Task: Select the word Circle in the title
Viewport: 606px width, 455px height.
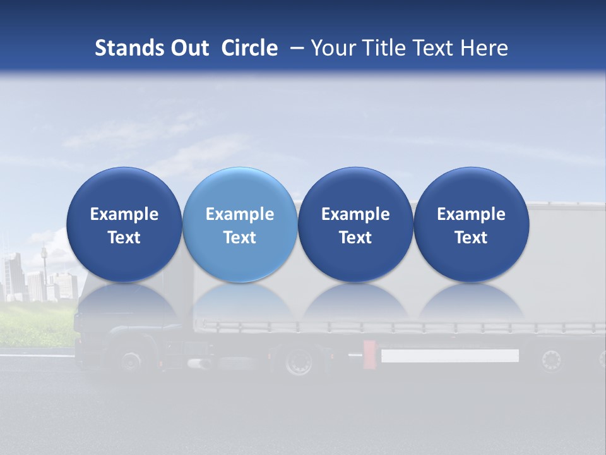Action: [x=249, y=48]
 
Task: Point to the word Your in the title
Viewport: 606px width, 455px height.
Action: [x=333, y=48]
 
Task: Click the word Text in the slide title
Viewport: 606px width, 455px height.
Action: [x=436, y=48]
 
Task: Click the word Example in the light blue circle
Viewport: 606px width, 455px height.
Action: [x=240, y=214]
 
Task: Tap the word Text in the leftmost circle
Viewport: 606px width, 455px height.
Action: [x=124, y=238]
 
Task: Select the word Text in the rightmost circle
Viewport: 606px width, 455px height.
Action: [x=471, y=238]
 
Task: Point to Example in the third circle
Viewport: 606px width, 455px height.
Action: [x=355, y=214]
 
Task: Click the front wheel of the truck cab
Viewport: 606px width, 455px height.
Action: [x=131, y=361]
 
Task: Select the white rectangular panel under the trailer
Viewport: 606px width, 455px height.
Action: [x=449, y=356]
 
